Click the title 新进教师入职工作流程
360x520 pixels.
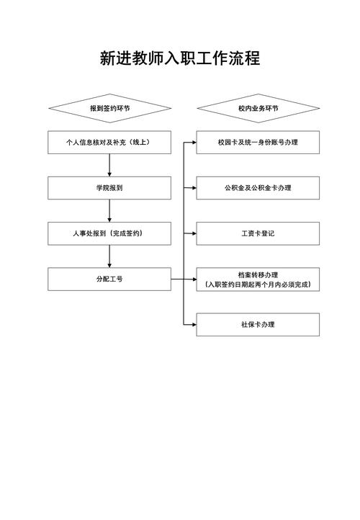(180, 58)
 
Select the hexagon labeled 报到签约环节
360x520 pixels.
(109, 108)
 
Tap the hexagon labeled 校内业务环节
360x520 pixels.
(258, 108)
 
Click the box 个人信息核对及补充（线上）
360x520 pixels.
(109, 143)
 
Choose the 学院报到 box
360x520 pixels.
(109, 188)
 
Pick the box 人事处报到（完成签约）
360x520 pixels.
(109, 233)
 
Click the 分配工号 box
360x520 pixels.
(109, 279)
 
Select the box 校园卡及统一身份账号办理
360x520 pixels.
(258, 143)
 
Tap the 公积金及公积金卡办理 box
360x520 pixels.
(258, 188)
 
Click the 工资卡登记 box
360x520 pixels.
(258, 233)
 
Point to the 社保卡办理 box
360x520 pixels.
(258, 324)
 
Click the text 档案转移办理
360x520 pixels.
(258, 274)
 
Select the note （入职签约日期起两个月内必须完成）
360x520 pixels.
(258, 285)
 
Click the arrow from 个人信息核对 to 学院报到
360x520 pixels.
(109, 165)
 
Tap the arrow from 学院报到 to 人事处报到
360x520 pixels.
(109, 210)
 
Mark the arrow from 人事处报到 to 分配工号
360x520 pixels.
(109, 256)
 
